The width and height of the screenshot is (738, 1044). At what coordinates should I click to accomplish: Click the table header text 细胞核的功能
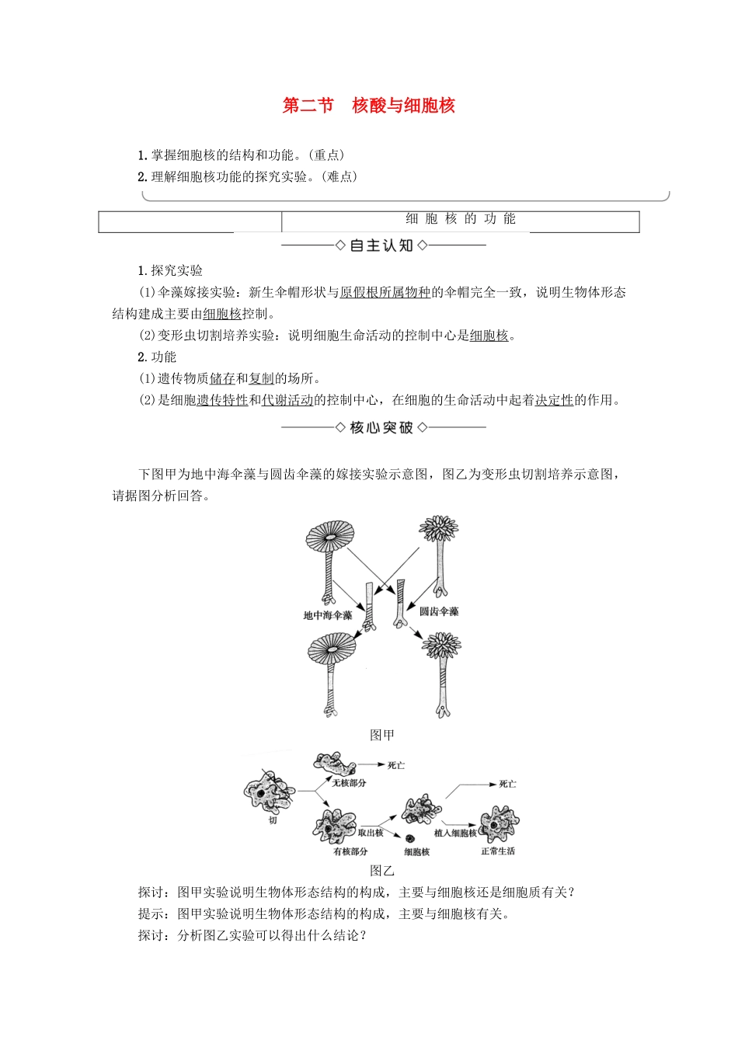[x=460, y=219]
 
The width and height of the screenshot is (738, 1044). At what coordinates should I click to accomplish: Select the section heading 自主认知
[x=381, y=245]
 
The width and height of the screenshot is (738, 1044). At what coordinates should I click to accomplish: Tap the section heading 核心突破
[x=381, y=427]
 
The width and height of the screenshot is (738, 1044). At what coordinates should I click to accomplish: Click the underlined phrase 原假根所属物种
[x=385, y=292]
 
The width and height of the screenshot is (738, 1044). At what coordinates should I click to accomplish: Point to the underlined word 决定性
[x=554, y=400]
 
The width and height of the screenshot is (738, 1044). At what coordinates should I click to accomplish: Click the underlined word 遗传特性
[x=222, y=400]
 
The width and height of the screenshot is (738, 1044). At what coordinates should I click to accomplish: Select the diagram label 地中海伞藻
[x=327, y=615]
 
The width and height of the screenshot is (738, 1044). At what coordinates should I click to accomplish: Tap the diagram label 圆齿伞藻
[x=439, y=611]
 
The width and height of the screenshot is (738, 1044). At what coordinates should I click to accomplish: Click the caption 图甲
[x=382, y=735]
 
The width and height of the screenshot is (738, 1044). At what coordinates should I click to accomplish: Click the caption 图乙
[x=382, y=871]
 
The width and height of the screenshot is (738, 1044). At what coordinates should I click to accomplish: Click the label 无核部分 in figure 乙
[x=349, y=783]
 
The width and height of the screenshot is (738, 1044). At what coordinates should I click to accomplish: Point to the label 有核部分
[x=350, y=851]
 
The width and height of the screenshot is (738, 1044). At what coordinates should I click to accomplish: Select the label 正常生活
[x=497, y=851]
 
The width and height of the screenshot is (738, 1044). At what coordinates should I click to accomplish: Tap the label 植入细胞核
[x=455, y=833]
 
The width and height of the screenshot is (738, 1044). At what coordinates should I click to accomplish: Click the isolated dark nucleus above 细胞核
[x=409, y=838]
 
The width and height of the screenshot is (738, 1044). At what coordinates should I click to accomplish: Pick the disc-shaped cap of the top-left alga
[x=330, y=537]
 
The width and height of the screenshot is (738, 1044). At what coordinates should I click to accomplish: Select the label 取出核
[x=371, y=833]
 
